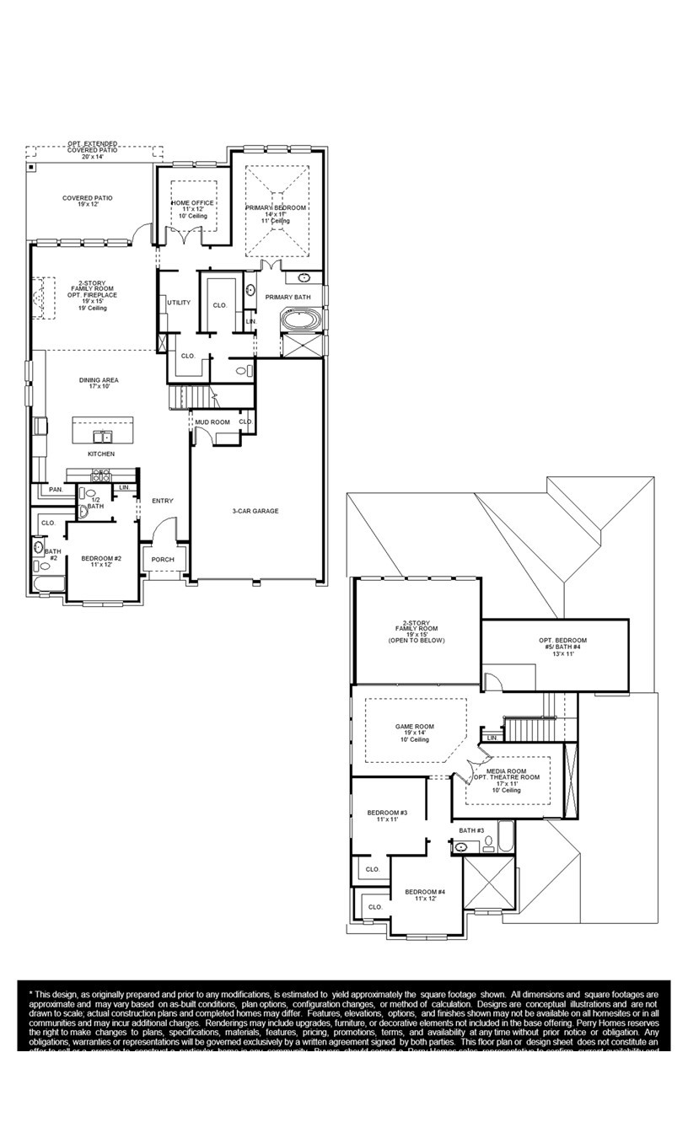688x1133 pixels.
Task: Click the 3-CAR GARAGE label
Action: [x=255, y=511]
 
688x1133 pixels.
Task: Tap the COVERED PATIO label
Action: [x=87, y=198]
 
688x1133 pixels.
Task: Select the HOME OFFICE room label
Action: [x=193, y=203]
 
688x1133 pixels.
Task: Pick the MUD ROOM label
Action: [x=212, y=422]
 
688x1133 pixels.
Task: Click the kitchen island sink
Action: [x=101, y=436]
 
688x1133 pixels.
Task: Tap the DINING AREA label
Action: [x=99, y=380]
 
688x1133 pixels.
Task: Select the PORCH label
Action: [x=163, y=560]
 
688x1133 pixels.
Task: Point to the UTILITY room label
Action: [x=179, y=303]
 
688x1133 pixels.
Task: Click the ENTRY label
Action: [x=163, y=502]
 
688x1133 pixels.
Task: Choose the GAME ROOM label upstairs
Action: [x=415, y=726]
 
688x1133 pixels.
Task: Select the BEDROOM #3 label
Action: [x=387, y=813]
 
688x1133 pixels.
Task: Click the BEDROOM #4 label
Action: [x=425, y=892]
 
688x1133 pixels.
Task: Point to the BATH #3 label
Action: [x=471, y=830]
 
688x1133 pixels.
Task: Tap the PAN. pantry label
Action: [x=56, y=490]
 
